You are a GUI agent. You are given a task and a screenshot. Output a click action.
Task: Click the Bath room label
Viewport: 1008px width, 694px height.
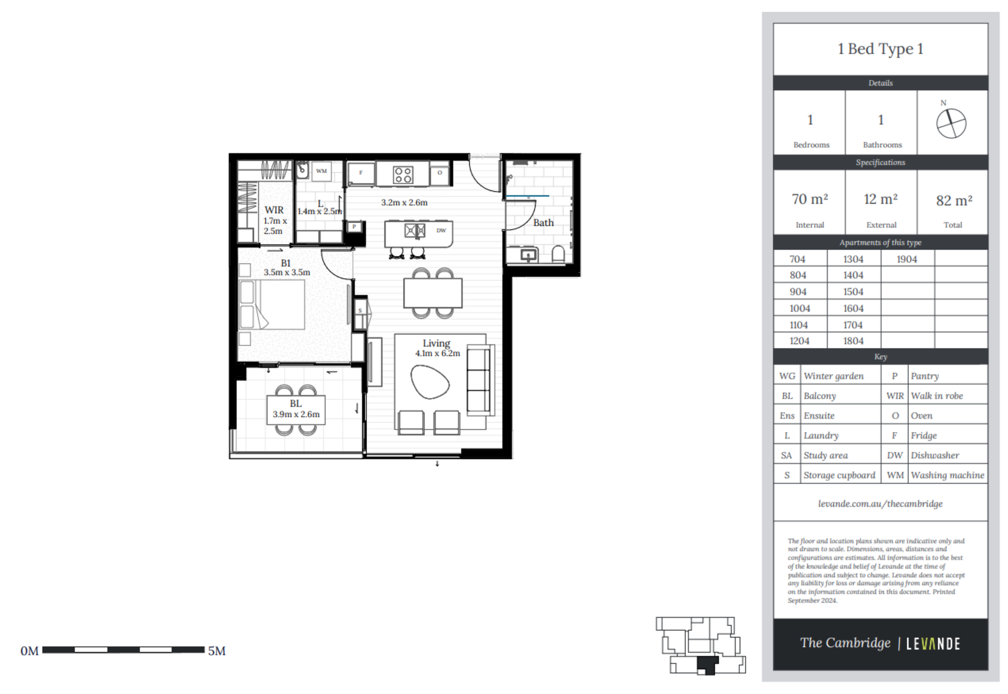543,223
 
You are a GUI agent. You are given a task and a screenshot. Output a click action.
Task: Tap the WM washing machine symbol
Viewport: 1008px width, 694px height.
321,171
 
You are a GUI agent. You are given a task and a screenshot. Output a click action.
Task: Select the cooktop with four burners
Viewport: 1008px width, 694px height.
403,175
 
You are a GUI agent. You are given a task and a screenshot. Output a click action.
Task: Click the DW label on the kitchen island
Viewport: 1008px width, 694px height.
441,230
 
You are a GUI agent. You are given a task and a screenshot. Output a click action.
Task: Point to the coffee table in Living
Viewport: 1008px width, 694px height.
429,382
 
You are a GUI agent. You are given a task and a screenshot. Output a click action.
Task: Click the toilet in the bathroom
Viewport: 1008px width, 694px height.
558,255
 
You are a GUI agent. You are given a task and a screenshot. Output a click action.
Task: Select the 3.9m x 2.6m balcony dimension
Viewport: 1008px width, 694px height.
296,414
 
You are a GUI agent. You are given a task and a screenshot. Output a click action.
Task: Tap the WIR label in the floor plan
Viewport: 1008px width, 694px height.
274,210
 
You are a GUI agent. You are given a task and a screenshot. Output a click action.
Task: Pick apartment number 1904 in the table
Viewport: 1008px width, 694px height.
907,259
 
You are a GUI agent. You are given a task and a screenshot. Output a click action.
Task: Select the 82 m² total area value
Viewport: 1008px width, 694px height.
954,200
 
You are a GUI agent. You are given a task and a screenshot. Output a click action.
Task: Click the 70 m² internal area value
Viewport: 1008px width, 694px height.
810,199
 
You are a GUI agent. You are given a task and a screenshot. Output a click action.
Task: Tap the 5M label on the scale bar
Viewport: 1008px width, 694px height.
217,651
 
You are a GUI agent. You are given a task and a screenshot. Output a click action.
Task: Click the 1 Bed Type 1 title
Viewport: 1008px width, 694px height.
880,49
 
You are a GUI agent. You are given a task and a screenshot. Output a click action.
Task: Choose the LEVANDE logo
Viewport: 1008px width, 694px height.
933,644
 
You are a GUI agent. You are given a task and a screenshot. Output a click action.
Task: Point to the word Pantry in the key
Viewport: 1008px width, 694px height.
925,376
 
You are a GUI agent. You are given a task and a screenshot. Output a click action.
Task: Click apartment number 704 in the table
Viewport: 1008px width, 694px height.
797,259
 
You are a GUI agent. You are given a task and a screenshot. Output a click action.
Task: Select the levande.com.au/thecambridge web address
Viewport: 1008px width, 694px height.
880,503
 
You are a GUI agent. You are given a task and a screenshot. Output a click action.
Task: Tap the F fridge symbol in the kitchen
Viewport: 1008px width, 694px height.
361,173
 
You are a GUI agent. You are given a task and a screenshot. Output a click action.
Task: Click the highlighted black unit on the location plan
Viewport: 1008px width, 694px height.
707,665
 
